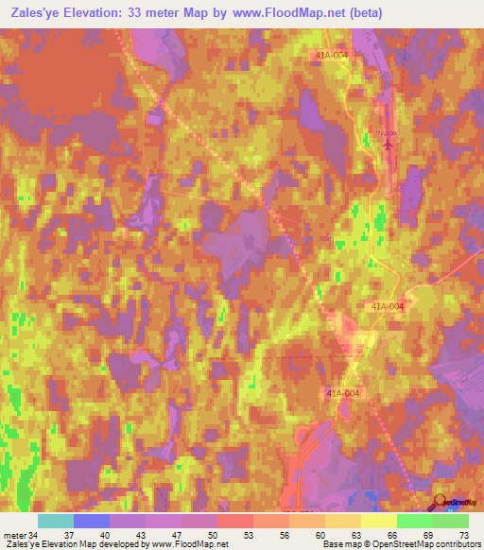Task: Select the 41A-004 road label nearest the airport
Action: [333, 56]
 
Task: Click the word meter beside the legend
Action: [13, 535]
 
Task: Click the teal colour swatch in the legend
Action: [55, 521]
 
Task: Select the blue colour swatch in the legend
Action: [91, 521]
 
